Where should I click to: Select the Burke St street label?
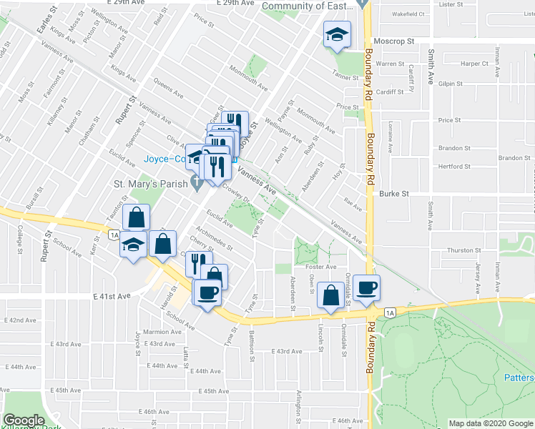coord(393,194)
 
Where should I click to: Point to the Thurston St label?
coord(464,250)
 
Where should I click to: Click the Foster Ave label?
coord(320,267)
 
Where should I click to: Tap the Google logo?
coord(24,420)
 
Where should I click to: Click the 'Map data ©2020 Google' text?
coord(491,423)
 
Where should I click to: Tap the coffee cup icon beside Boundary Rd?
coord(367,287)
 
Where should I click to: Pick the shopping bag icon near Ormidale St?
coord(331,295)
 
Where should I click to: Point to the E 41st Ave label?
coord(112,295)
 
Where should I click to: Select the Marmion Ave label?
coord(161,332)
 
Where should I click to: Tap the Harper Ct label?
coord(474,63)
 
